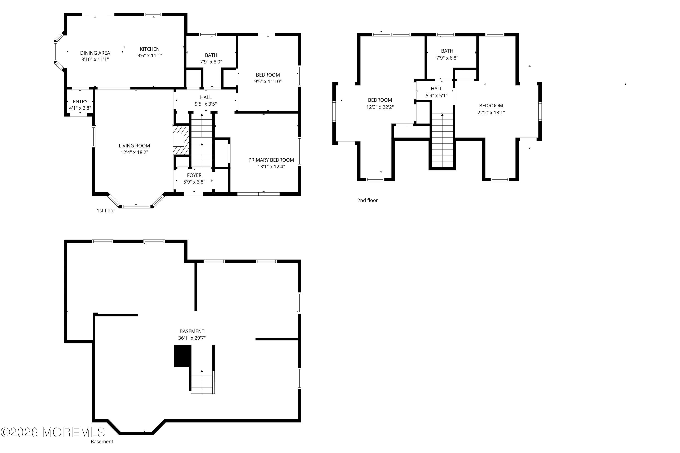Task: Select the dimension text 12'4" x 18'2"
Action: pyautogui.click(x=134, y=152)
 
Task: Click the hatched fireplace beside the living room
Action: pyautogui.click(x=181, y=140)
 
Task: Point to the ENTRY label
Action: pyautogui.click(x=80, y=101)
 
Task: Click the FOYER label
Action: pyautogui.click(x=194, y=175)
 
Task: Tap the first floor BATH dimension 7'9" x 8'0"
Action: pyautogui.click(x=211, y=62)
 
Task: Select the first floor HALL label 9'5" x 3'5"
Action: pyautogui.click(x=206, y=101)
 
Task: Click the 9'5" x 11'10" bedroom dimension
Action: pyautogui.click(x=268, y=82)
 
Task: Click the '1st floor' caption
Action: pyautogui.click(x=106, y=211)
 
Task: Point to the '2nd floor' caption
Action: pyautogui.click(x=367, y=200)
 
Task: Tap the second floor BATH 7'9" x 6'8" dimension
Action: pyautogui.click(x=447, y=58)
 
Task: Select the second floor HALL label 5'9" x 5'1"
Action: pyautogui.click(x=436, y=92)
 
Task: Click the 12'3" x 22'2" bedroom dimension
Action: pyautogui.click(x=380, y=107)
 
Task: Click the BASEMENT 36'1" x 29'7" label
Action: pyautogui.click(x=192, y=334)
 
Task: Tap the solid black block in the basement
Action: pyautogui.click(x=182, y=356)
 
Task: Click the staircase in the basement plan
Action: pyautogui.click(x=202, y=381)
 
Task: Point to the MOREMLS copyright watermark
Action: pyautogui.click(x=53, y=432)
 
